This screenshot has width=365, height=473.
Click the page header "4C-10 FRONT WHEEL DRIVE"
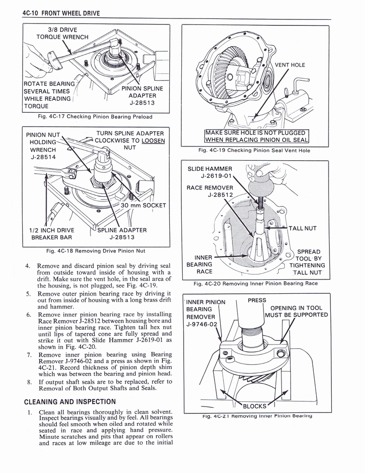[x=61, y=13]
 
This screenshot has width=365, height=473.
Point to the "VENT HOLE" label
[x=290, y=65]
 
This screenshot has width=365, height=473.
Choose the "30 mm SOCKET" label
[x=143, y=206]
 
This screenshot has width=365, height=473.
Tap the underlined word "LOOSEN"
[x=150, y=141]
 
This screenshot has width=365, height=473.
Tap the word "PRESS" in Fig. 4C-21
[x=257, y=300]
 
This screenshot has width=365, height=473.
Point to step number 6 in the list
[x=29, y=315]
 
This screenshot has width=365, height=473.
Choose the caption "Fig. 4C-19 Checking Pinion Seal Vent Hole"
[x=254, y=150]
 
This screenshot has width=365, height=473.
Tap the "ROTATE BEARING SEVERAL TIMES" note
[x=48, y=94]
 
